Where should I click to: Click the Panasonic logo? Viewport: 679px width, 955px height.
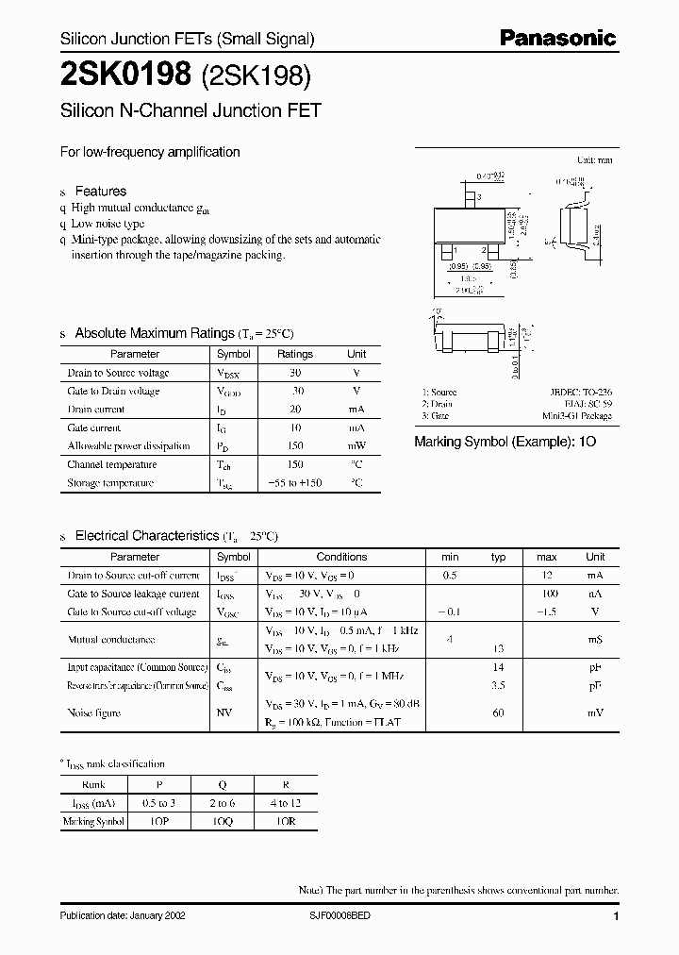(557, 39)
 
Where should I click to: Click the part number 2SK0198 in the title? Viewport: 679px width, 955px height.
(126, 72)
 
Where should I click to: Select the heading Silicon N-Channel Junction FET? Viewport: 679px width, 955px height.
(190, 109)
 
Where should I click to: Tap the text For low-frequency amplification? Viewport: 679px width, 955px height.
(150, 152)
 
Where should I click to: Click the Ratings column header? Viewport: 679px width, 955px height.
(294, 355)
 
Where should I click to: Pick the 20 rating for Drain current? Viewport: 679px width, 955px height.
(294, 410)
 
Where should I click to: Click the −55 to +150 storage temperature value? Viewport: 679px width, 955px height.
(294, 483)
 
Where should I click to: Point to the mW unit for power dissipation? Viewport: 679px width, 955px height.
(356, 446)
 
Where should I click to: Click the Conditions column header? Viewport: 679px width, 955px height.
(341, 557)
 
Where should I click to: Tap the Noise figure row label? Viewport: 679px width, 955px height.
(94, 713)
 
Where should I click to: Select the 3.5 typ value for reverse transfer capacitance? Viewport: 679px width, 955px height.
(498, 686)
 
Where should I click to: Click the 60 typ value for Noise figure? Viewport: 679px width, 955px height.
(498, 713)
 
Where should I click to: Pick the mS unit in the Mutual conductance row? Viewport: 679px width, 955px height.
(595, 640)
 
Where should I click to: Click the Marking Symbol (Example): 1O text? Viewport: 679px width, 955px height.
(505, 441)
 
